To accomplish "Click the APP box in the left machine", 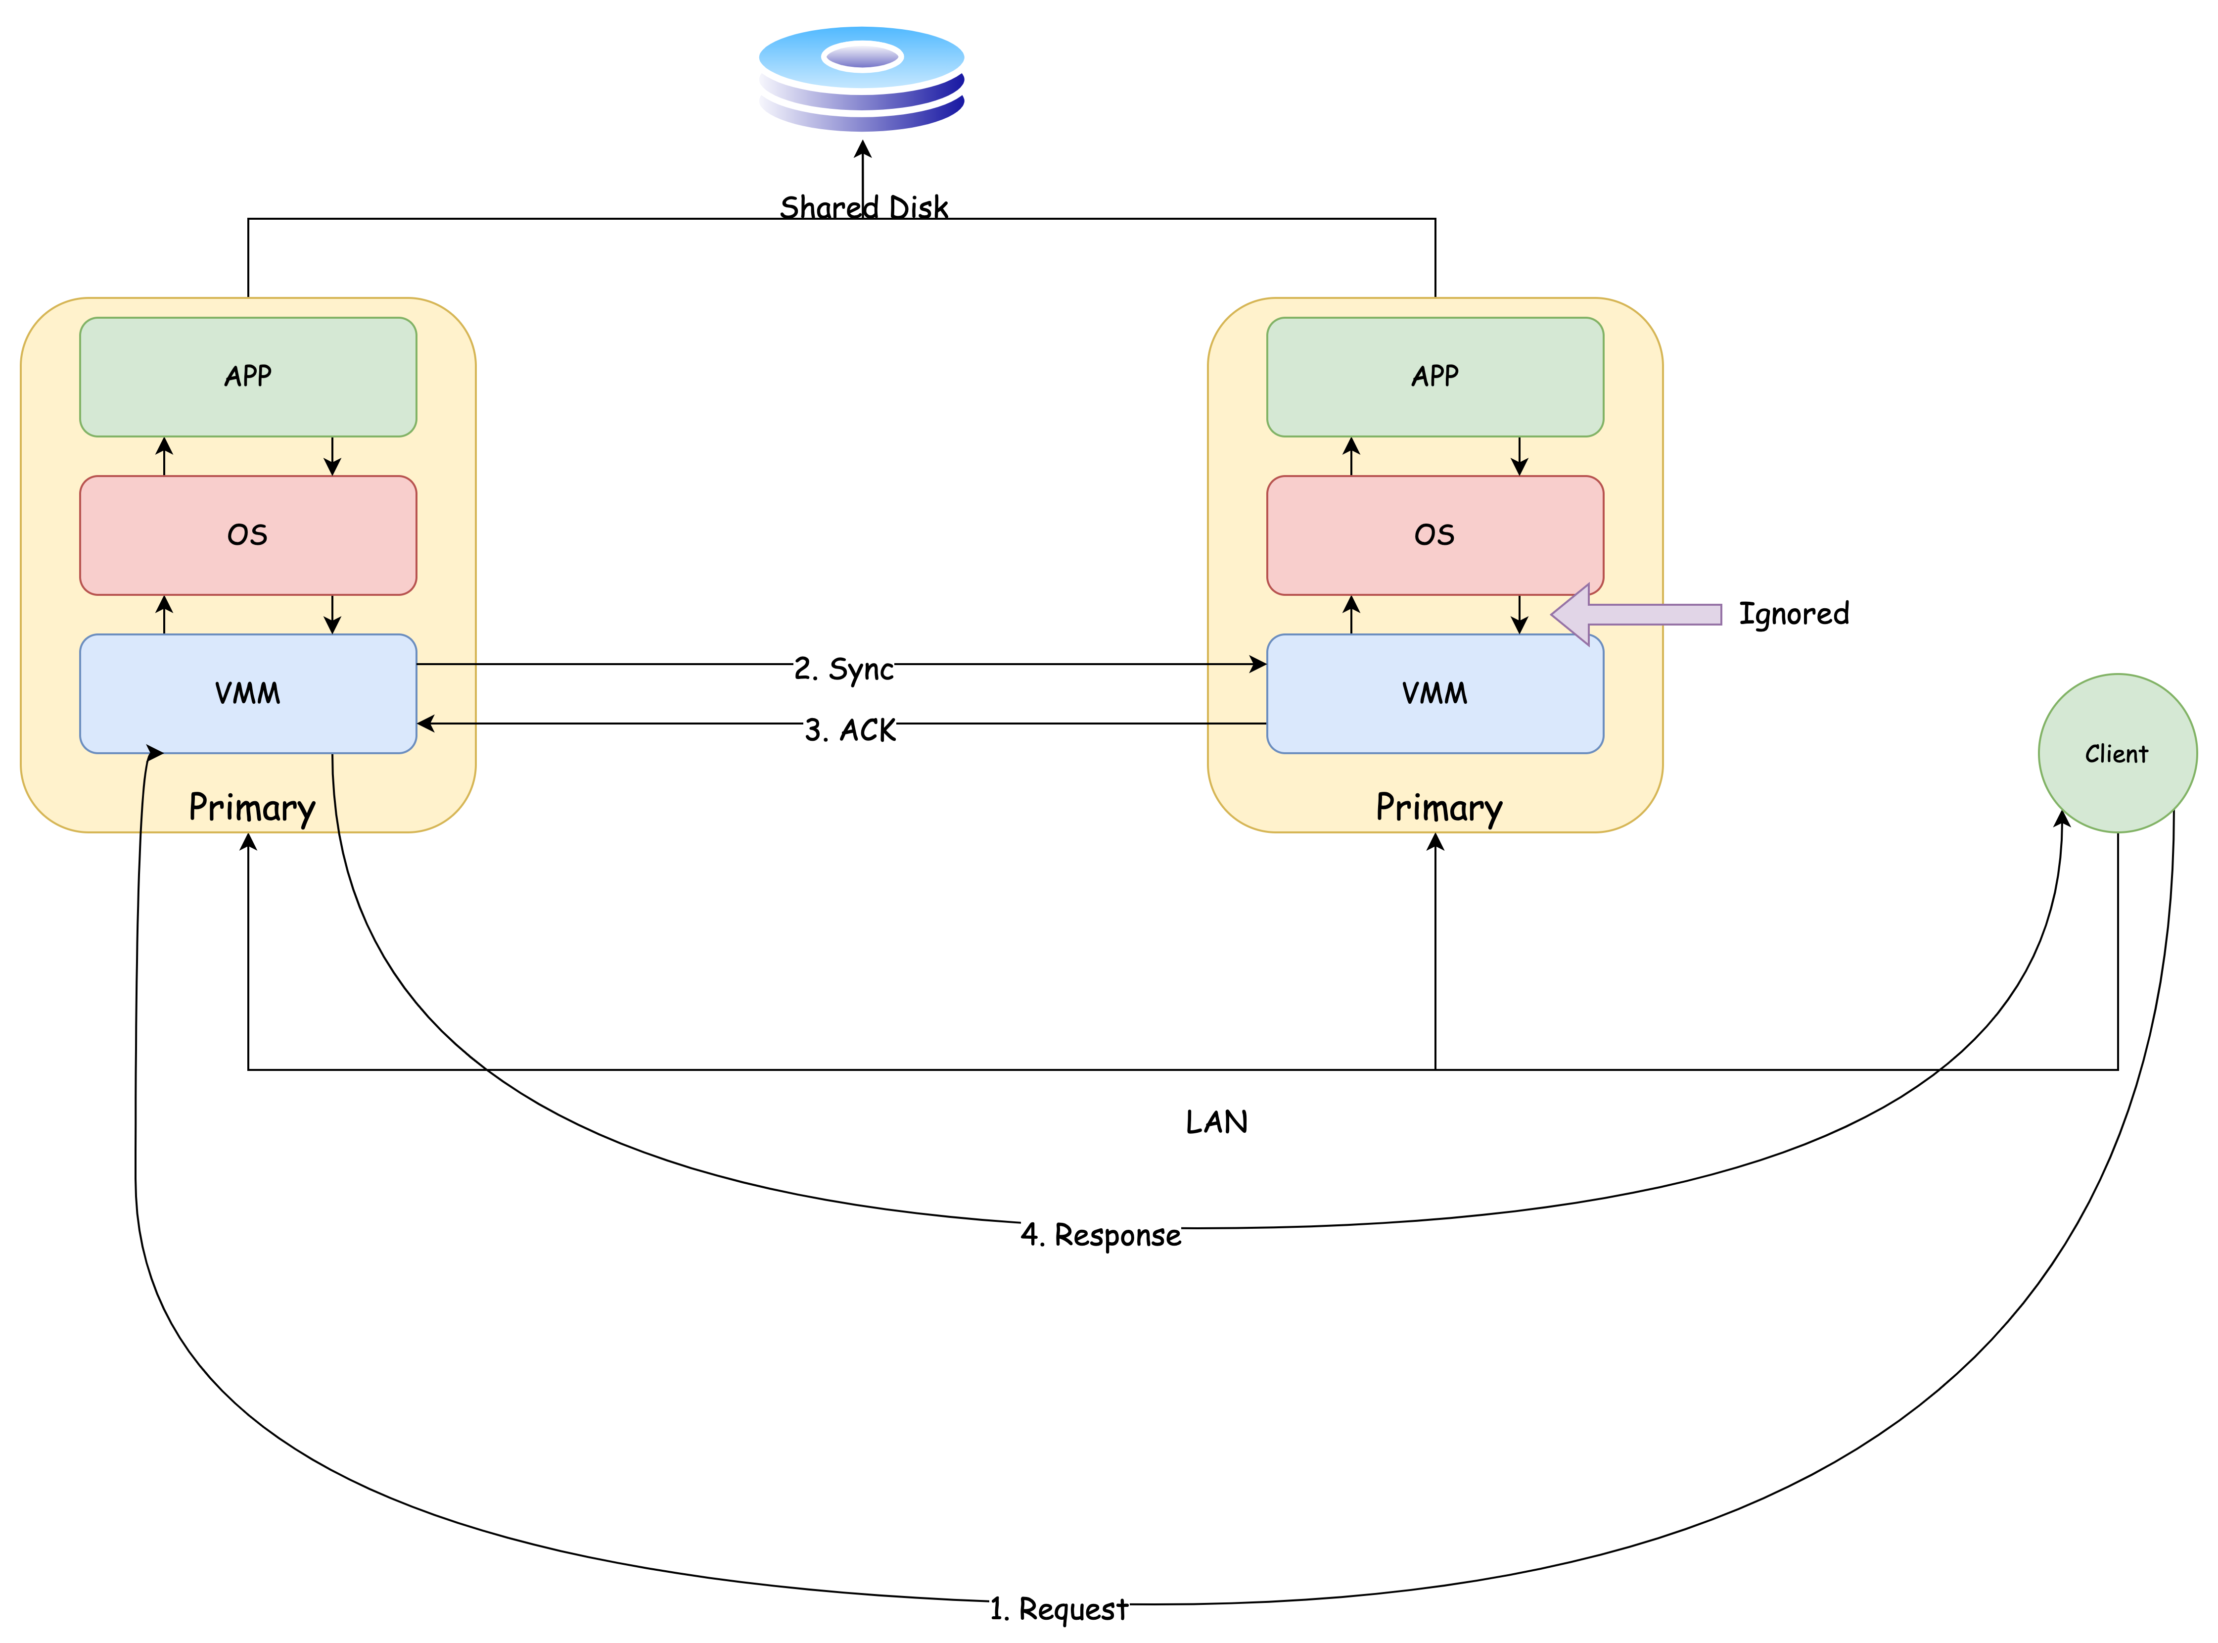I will click(247, 377).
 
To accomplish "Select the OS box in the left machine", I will click(247, 535).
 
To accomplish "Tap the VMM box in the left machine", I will click(247, 693).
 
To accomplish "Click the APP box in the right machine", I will click(1434, 377).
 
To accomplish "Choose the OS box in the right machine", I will click(1434, 535).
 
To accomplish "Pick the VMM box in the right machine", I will click(1434, 693).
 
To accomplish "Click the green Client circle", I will click(2117, 753).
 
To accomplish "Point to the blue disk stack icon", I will click(861, 80).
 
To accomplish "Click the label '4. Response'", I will click(1101, 1234).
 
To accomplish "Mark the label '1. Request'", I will click(1059, 1608).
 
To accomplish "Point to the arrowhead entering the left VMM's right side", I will click(424, 723).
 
